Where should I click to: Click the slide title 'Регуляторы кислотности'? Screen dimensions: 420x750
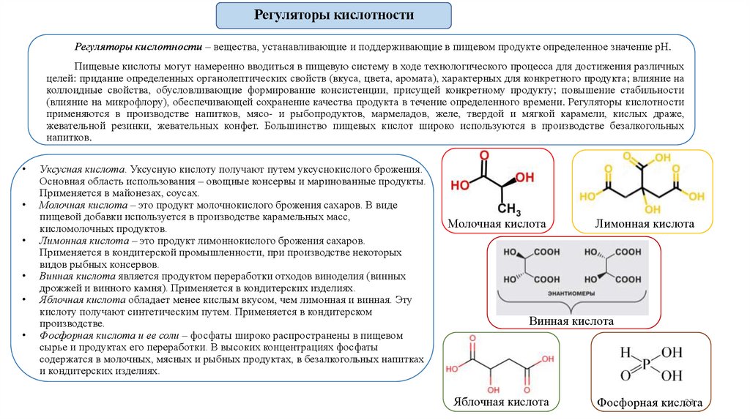(x=333, y=15)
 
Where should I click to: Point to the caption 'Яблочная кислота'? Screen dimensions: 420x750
(x=502, y=402)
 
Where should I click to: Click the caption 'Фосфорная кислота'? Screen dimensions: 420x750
(x=650, y=403)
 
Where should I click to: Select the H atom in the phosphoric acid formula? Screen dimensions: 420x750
(x=625, y=352)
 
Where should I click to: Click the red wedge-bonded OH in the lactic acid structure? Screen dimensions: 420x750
(x=524, y=178)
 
